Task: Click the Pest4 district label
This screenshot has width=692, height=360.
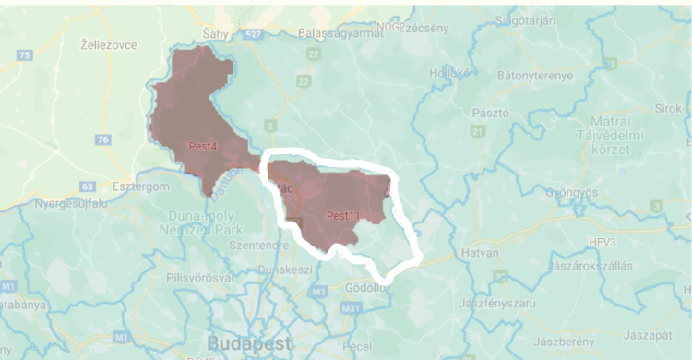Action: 201,146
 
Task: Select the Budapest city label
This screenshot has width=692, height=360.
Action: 245,342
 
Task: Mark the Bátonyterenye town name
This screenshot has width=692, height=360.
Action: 535,76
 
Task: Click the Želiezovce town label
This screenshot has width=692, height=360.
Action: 109,43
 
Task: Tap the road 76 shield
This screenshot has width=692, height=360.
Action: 102,139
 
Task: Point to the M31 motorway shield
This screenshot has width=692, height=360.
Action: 350,307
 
